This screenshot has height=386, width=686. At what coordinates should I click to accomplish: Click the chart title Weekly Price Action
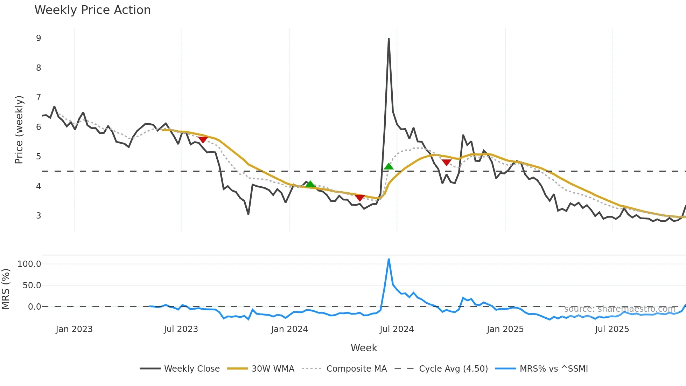(92, 10)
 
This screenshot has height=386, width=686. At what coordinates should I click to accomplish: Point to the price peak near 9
(388, 39)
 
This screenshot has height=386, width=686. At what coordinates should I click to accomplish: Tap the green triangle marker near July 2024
(388, 166)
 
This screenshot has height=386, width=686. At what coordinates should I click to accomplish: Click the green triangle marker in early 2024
(310, 184)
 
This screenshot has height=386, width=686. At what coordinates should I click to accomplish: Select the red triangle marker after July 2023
(203, 140)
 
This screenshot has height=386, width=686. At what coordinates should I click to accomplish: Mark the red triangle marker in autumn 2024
(446, 162)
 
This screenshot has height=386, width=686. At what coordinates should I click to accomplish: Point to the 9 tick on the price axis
(38, 38)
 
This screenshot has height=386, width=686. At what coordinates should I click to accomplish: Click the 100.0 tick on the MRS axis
(29, 264)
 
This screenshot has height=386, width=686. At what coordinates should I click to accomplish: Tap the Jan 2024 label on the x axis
(289, 329)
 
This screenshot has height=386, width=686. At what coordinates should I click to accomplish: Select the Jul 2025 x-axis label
(612, 329)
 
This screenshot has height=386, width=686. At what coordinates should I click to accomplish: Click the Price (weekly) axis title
(19, 130)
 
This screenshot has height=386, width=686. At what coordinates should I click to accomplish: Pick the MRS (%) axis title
(6, 289)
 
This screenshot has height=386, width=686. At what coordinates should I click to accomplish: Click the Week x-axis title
(364, 348)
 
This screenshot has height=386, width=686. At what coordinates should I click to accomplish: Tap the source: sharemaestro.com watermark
(619, 309)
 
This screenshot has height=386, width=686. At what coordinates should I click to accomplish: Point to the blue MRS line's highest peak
(388, 259)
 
